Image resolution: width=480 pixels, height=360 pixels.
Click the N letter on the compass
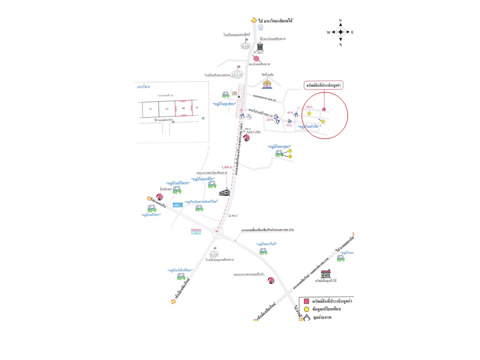click(x=340, y=20)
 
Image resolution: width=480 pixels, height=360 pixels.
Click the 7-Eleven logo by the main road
click(x=234, y=93)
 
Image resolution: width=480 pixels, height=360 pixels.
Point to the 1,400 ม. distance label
click(x=227, y=167)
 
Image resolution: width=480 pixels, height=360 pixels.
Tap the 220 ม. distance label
click(x=270, y=120)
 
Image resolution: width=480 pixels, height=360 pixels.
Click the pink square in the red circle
click(x=324, y=109)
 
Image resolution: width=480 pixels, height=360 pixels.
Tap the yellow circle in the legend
click(x=306, y=310)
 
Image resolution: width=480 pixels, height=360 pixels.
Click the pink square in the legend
click(x=306, y=302)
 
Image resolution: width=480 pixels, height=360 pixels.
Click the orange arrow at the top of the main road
click(x=254, y=20)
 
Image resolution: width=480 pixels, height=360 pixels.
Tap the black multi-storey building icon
click(x=224, y=191)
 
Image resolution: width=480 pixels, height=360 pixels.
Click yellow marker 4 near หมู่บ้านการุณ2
click(x=290, y=156)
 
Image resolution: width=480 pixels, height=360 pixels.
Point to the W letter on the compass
click(x=328, y=32)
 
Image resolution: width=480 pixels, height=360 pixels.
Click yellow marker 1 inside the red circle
click(x=309, y=113)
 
